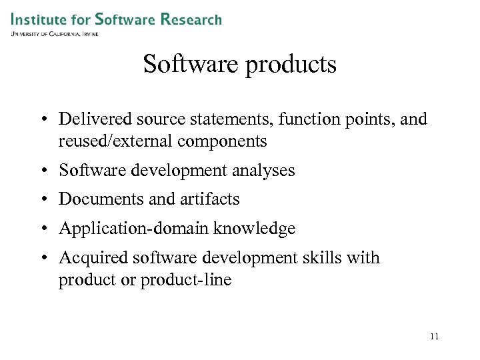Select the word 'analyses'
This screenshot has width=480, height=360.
pyautogui.click(x=263, y=171)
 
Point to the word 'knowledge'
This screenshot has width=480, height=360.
pyautogui.click(x=254, y=229)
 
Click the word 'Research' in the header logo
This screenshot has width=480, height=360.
pyautogui.click(x=191, y=19)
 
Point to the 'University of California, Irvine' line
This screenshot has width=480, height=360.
pyautogui.click(x=55, y=33)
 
